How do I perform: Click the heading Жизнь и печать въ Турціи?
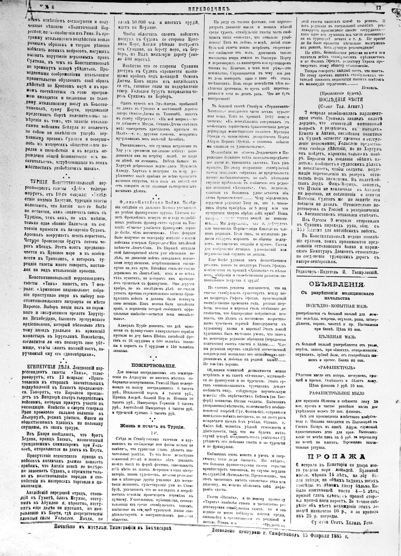(x=152, y=426)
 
